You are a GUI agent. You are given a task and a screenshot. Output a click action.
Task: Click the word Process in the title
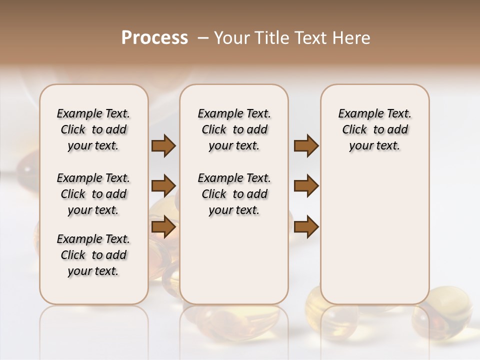(x=154, y=38)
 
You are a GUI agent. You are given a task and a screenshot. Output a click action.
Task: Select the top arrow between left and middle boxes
(x=163, y=146)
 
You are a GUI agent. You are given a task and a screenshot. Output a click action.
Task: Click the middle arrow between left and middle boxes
(x=163, y=186)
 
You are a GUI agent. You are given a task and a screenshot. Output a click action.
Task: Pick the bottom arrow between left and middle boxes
(x=163, y=226)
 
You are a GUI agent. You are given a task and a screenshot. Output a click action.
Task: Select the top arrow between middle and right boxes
(x=306, y=146)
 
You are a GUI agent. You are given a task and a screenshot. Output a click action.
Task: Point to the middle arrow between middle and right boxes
(x=306, y=186)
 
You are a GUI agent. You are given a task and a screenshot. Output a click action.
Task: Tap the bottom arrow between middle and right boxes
(x=306, y=226)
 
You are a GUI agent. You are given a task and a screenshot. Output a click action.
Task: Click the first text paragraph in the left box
(x=93, y=129)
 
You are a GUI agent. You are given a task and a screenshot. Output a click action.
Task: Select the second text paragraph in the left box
(x=93, y=194)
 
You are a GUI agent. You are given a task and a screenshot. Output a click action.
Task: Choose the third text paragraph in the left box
(x=93, y=255)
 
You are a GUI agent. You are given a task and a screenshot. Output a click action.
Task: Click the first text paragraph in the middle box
(x=234, y=129)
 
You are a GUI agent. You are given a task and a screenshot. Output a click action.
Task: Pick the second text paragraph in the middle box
(x=234, y=194)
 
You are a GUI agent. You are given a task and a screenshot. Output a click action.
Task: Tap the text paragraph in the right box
(x=374, y=129)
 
